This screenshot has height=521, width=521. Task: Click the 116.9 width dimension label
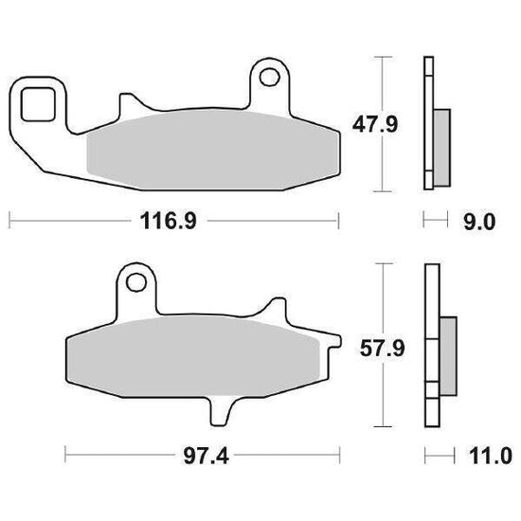click(169, 221)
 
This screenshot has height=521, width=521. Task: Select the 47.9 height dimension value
click(375, 125)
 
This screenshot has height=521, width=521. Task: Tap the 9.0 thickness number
click(479, 223)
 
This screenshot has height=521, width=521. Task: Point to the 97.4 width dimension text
click(206, 457)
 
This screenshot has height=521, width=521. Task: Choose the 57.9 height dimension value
click(382, 349)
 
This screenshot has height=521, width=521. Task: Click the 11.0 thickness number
click(491, 457)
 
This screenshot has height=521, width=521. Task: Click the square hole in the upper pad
click(38, 104)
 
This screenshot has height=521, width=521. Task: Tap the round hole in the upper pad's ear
click(269, 78)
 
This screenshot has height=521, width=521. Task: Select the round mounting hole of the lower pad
click(136, 282)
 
